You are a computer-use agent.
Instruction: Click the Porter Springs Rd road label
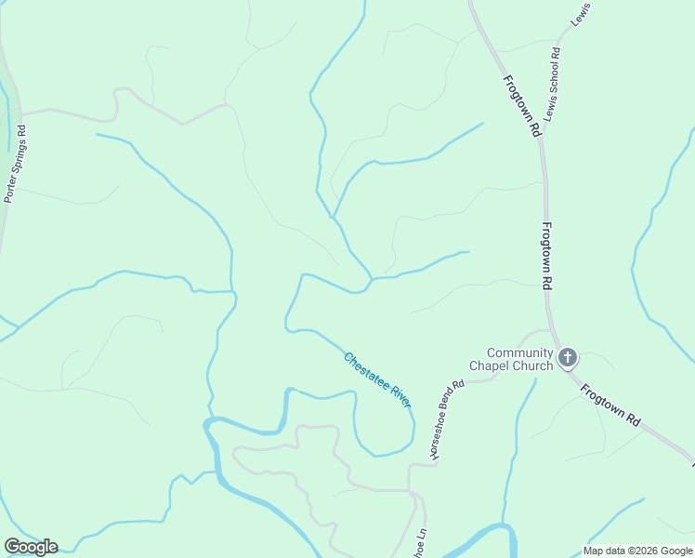pyautogui.click(x=16, y=164)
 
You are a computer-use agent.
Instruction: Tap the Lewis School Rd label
pyautogui.click(x=555, y=84)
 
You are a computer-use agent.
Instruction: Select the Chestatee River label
pyautogui.click(x=376, y=379)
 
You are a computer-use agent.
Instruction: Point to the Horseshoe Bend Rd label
pyautogui.click(x=446, y=418)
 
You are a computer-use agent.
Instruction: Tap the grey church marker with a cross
pyautogui.click(x=567, y=357)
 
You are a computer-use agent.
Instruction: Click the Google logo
pyautogui.click(x=31, y=547)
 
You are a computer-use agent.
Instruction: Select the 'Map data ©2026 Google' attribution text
pyautogui.click(x=638, y=551)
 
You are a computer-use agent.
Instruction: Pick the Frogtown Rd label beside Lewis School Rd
pyautogui.click(x=522, y=107)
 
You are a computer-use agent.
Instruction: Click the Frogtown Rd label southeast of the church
pyautogui.click(x=610, y=405)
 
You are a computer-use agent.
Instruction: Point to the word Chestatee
pyautogui.click(x=365, y=369)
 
